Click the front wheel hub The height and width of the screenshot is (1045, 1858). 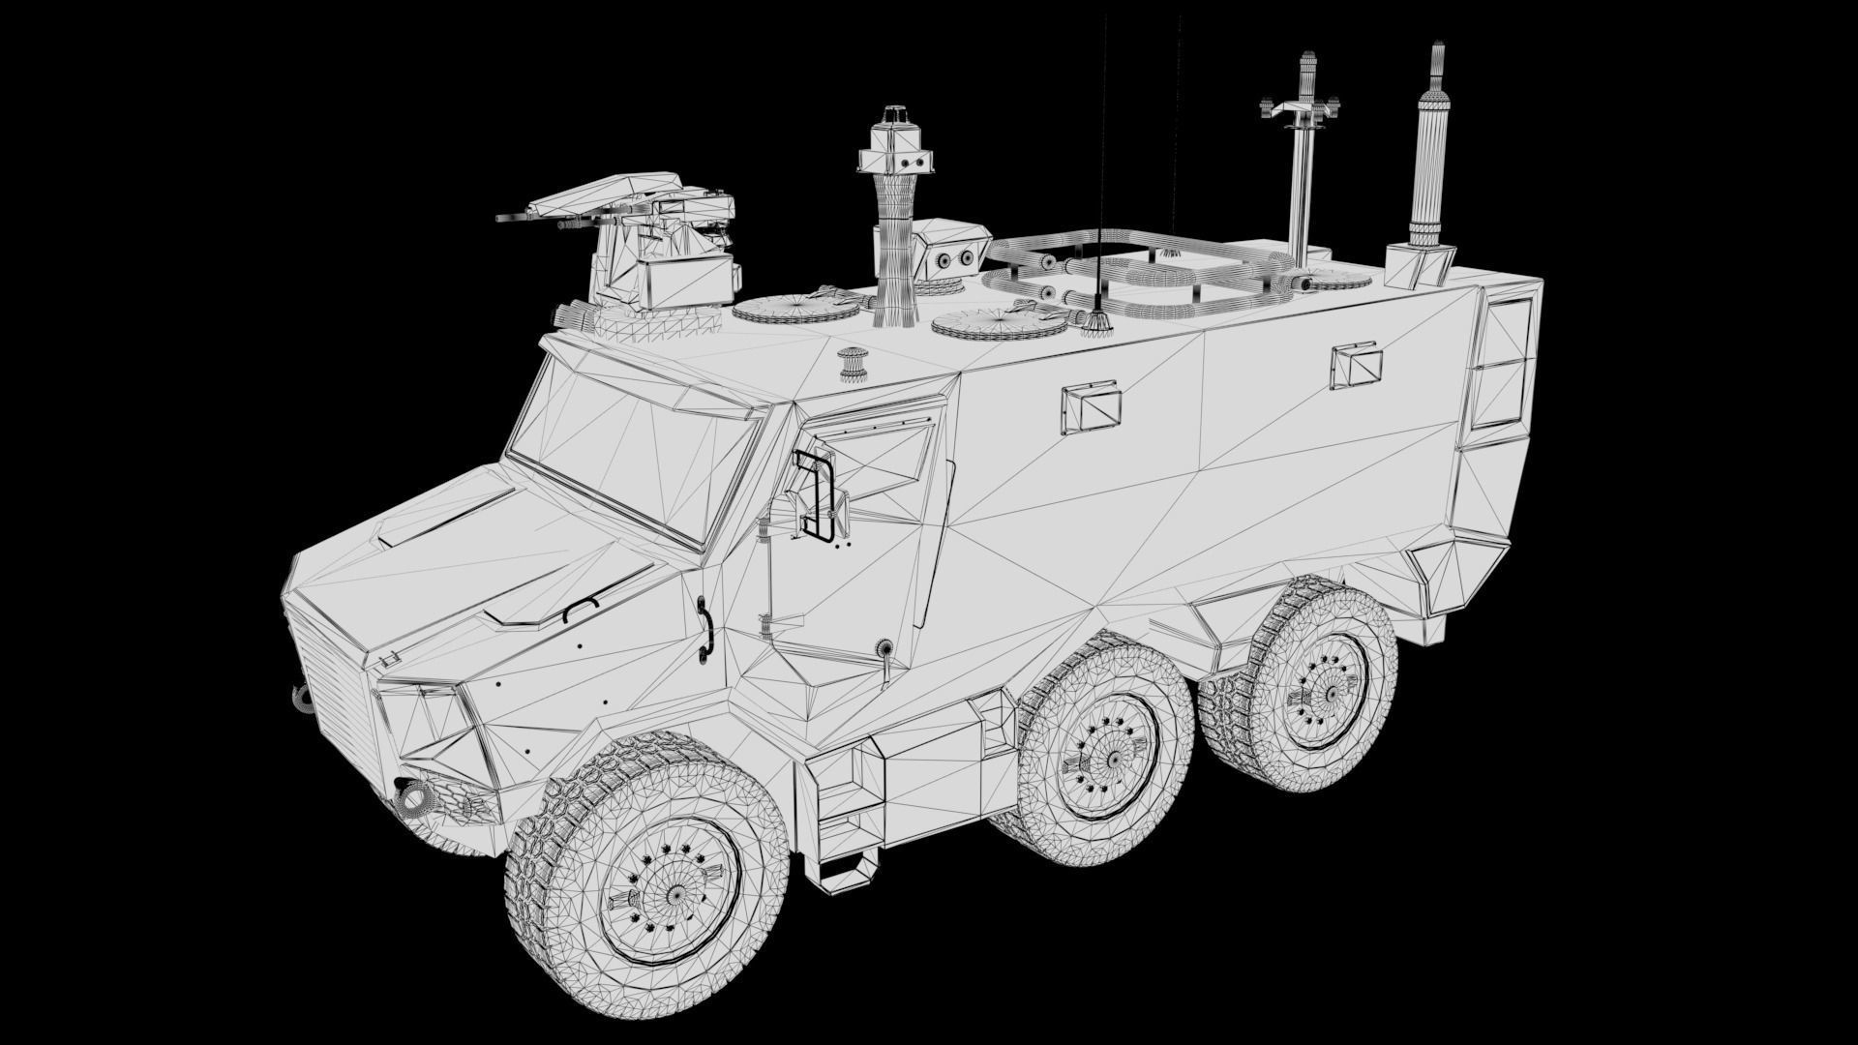(x=668, y=883)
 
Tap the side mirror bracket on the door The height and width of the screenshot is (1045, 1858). (x=818, y=493)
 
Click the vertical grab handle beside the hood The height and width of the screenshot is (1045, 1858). (x=704, y=630)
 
